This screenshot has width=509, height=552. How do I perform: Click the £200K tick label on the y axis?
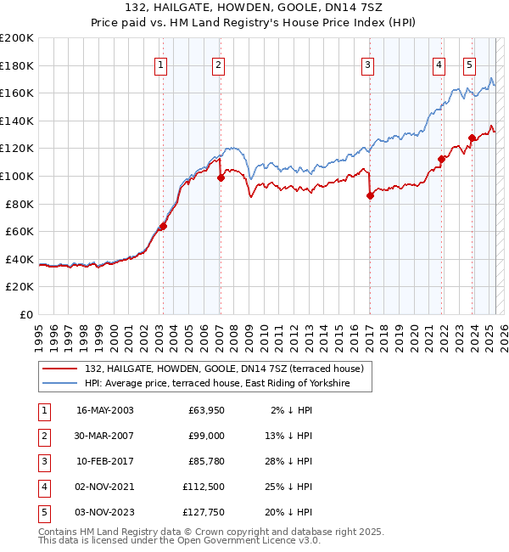pyautogui.click(x=17, y=37)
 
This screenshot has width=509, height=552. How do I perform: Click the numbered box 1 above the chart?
pyautogui.click(x=161, y=65)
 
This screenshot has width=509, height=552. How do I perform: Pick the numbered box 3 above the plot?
pyautogui.click(x=367, y=65)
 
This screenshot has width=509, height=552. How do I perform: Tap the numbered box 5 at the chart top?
pyautogui.click(x=469, y=65)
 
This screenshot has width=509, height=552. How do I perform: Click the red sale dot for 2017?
pyautogui.click(x=370, y=195)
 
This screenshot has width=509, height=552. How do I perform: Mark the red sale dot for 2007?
pyautogui.click(x=221, y=177)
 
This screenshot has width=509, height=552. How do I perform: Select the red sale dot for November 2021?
pyautogui.click(x=442, y=159)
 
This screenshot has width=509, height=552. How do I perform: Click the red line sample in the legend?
pyautogui.click(x=61, y=369)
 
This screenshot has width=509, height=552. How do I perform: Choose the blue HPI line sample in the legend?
pyautogui.click(x=61, y=384)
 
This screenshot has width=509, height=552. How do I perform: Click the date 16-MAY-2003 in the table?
pyautogui.click(x=104, y=410)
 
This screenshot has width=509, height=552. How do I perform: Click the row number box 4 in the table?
pyautogui.click(x=43, y=487)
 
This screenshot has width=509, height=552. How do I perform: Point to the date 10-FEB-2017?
pyautogui.click(x=104, y=461)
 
